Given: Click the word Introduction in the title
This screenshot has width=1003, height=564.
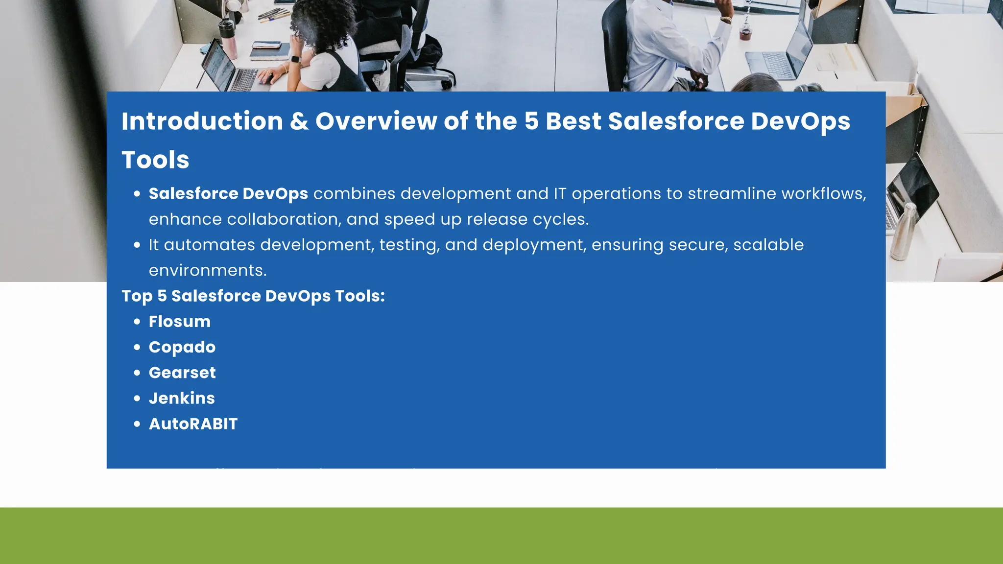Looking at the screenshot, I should pos(202,121).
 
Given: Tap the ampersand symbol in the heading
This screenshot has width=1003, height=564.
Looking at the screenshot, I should pos(299,121).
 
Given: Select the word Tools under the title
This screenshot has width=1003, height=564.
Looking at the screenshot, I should pos(155,160).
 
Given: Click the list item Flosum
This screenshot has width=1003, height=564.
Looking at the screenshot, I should pos(180,322).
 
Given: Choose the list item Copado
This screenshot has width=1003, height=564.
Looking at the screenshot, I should pos(182,347).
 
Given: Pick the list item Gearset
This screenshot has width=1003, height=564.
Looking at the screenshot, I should pos(182,373).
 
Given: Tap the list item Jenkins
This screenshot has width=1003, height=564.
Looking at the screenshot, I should pos(182,399).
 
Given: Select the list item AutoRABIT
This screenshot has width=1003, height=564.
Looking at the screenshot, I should pos(193,424).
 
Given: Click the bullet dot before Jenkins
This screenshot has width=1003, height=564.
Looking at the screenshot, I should pos(137,399).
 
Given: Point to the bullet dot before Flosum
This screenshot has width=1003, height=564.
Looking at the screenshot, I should pos(137,322).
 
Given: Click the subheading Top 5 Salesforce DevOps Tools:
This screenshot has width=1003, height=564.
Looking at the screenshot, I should pos(253,296).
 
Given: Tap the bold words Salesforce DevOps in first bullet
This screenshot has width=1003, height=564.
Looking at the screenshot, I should pos(228,194).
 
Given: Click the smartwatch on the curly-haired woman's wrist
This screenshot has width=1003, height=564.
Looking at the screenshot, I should pos(295,59).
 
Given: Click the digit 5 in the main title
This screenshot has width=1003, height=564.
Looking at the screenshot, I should pos(531,121).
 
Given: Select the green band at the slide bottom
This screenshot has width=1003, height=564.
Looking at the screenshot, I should pos(501,536).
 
